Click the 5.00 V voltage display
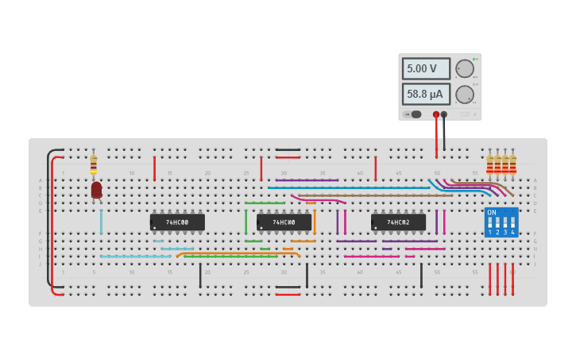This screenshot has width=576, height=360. pos(426,69)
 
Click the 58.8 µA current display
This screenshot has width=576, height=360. pos(426,95)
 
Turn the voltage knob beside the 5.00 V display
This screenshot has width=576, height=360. pos(464,69)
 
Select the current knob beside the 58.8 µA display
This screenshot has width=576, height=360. pos(464,95)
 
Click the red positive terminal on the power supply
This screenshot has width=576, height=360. pos(436,114)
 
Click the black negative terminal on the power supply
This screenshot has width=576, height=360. pos(444,114)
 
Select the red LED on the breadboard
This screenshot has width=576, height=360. pos(96,189)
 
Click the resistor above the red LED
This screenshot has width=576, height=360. pos(94,163)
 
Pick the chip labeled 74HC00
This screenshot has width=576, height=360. pos(177,223)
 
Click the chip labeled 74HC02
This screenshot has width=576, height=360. pos(398,223)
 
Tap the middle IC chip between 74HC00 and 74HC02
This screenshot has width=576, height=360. pos(284,223)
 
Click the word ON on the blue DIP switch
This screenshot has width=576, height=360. pos(492,213)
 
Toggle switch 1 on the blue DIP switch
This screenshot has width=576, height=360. pos(490,224)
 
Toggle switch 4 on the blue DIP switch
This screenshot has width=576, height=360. pos(512,224)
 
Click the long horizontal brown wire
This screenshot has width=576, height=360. pos(373,195)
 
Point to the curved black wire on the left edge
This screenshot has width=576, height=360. pos(48,215)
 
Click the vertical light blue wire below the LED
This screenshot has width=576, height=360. pos(101,222)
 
